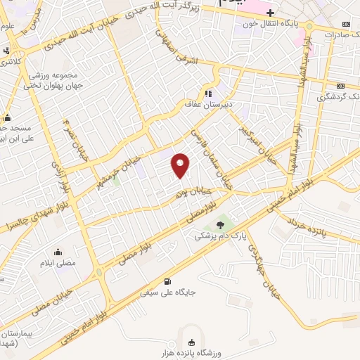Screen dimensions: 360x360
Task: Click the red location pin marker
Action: click(181, 165)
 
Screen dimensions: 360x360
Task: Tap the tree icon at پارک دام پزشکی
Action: click(222, 224)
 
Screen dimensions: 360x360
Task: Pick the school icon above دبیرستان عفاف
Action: click(208, 94)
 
